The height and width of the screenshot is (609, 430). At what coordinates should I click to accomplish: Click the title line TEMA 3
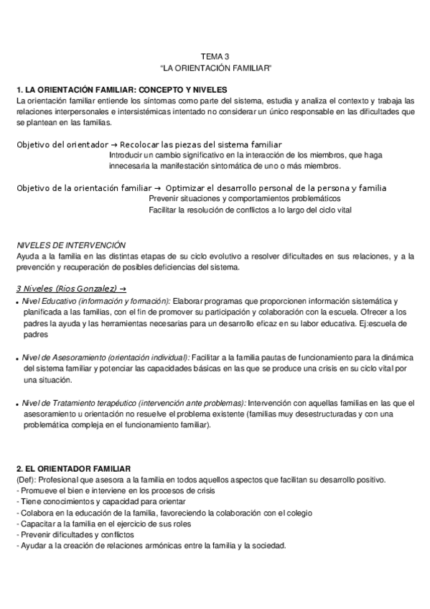(215, 57)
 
